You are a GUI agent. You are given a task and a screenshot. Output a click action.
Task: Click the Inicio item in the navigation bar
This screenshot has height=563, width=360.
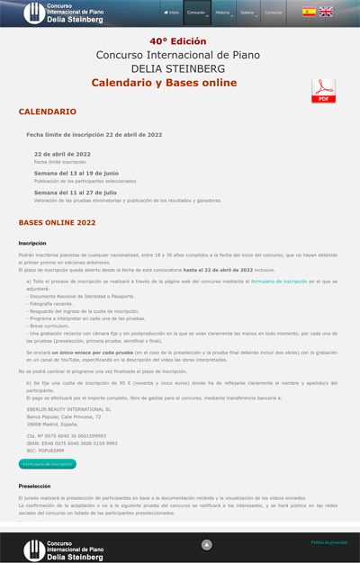pyautogui.click(x=171, y=13)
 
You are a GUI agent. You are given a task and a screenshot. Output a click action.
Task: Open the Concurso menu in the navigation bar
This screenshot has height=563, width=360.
pyautogui.click(x=196, y=13)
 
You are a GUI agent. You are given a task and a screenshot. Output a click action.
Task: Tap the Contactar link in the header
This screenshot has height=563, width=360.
pyautogui.click(x=273, y=13)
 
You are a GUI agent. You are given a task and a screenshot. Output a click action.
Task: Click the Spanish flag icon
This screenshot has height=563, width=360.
pyautogui.click(x=309, y=12)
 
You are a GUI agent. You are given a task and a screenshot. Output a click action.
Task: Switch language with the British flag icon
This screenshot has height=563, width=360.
pyautogui.click(x=326, y=12)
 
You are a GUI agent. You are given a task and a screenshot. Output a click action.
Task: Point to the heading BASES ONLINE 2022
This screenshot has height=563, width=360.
pyautogui.click(x=57, y=222)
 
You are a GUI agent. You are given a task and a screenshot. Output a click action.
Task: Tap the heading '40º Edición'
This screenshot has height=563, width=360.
pyautogui.click(x=178, y=41)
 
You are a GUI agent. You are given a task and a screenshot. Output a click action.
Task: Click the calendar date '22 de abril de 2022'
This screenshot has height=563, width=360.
pyautogui.click(x=62, y=154)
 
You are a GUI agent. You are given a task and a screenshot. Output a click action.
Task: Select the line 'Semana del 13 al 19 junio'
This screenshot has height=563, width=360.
pyautogui.click(x=76, y=173)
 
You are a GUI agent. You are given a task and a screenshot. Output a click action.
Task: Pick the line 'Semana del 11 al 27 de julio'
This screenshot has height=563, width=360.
pyautogui.click(x=76, y=192)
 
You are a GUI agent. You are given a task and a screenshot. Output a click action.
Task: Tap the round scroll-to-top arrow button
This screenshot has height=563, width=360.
pyautogui.click(x=206, y=544)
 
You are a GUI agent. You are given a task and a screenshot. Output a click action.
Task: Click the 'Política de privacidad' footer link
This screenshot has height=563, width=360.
pyautogui.click(x=328, y=542)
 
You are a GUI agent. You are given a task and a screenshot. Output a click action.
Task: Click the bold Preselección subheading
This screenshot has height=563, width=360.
pyautogui.click(x=34, y=486)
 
